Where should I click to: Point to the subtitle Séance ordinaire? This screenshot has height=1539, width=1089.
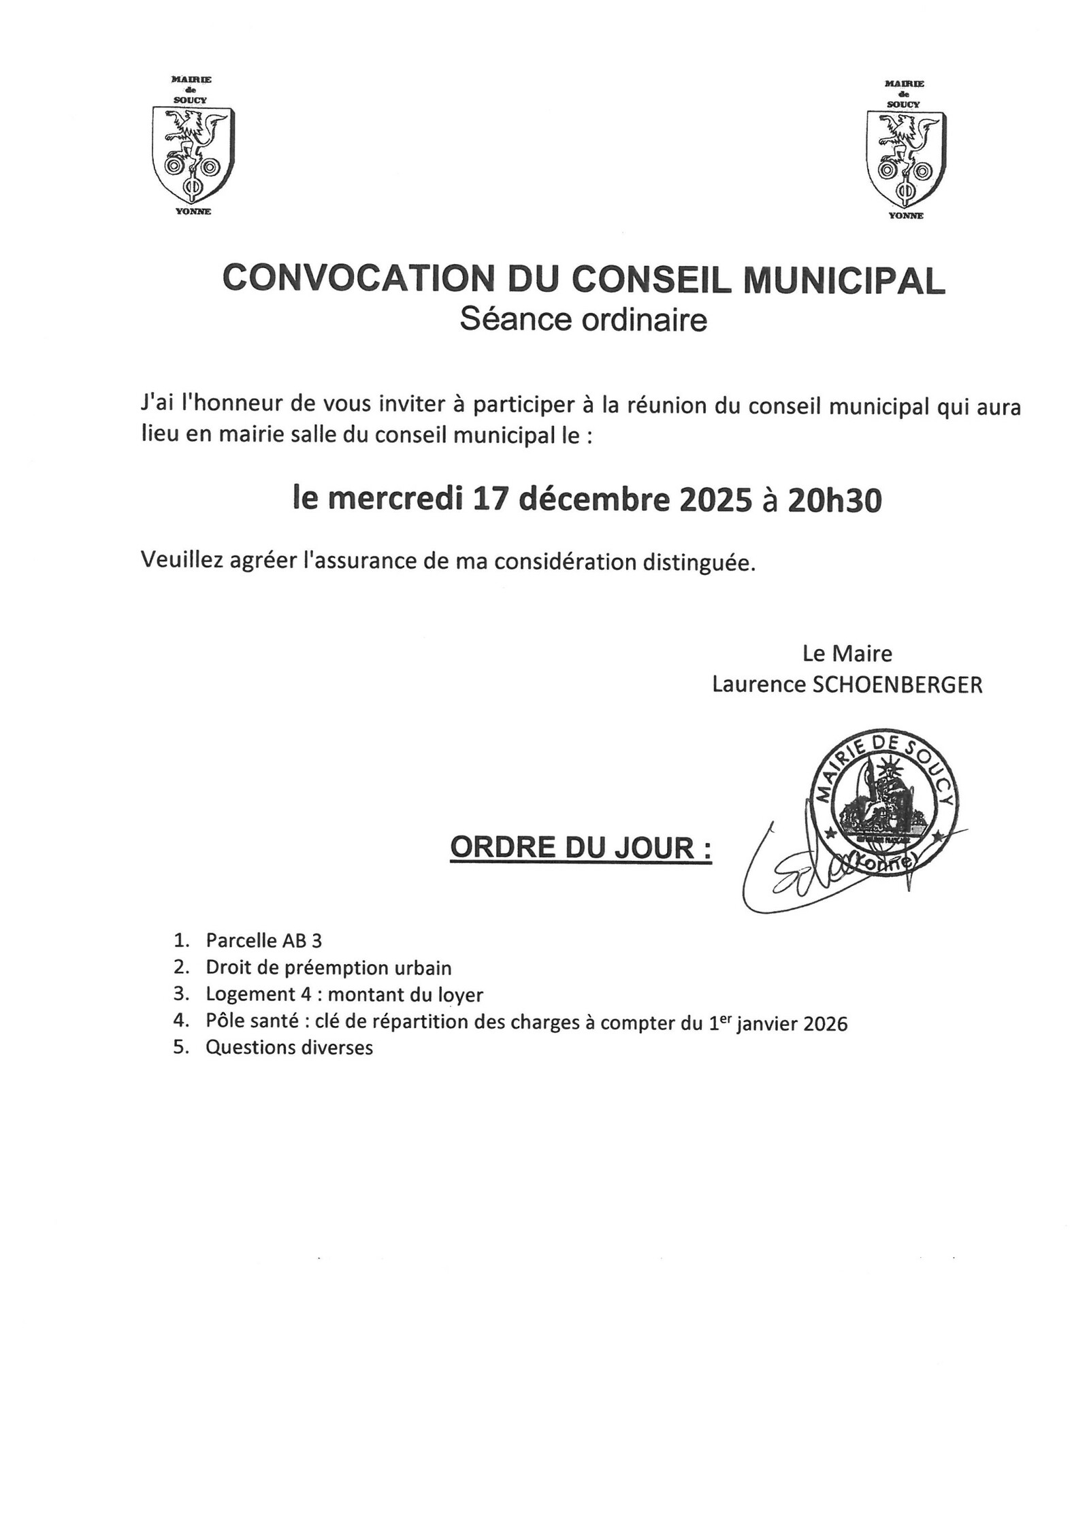(x=583, y=320)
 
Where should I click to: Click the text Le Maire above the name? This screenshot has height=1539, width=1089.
(x=847, y=654)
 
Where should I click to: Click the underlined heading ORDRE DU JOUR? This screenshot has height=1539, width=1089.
(x=581, y=848)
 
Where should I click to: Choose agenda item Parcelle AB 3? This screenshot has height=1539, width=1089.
(x=263, y=941)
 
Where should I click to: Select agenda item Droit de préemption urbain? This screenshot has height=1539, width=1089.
(x=328, y=967)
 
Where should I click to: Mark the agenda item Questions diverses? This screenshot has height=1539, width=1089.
(x=289, y=1048)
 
